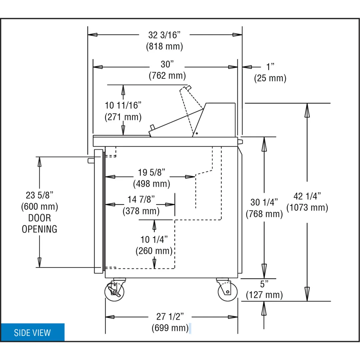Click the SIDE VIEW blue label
32,332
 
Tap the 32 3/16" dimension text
164,35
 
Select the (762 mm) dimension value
167,76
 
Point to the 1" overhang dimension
270,67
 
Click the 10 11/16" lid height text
123,105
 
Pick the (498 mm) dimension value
152,184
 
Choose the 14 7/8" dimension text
141,199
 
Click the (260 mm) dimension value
154,251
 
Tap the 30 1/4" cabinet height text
264,202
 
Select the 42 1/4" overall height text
307,196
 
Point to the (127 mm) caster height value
264,295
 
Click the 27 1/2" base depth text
170,317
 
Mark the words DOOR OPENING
39,223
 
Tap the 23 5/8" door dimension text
39,195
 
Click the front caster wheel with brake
114,291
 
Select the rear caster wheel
228,292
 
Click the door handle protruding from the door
91,161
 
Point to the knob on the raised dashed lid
189,87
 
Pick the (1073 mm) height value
307,208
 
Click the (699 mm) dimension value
170,328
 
